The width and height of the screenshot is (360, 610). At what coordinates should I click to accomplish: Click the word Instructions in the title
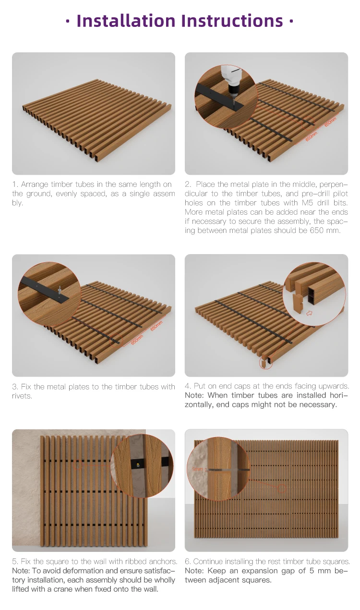pos(231,21)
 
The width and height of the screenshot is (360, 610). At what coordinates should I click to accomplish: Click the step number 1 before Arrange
pos(14,184)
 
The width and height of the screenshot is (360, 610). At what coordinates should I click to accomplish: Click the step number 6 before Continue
pos(187,561)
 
